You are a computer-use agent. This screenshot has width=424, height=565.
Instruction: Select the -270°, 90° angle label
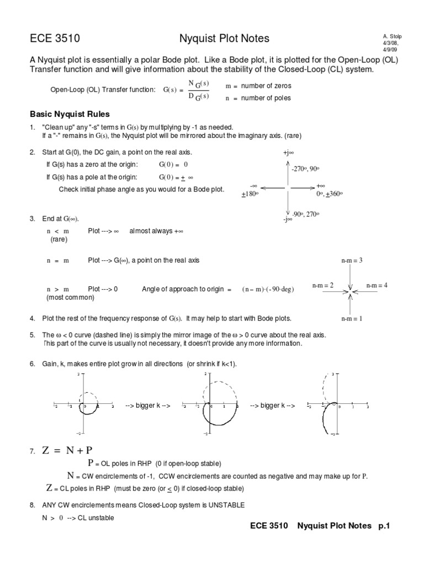pyautogui.click(x=306, y=169)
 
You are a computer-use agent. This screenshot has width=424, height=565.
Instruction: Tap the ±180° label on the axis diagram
pyautogui.click(x=250, y=194)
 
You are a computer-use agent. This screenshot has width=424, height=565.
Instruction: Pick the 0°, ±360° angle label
pyautogui.click(x=330, y=194)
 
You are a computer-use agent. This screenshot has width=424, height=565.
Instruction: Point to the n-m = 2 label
pyautogui.click(x=323, y=285)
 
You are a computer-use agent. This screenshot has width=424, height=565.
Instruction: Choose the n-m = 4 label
pyautogui.click(x=377, y=285)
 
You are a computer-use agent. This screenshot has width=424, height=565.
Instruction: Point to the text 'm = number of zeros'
pyautogui.click(x=259, y=86)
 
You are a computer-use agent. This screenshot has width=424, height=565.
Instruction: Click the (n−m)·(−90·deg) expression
pyautogui.click(x=267, y=290)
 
